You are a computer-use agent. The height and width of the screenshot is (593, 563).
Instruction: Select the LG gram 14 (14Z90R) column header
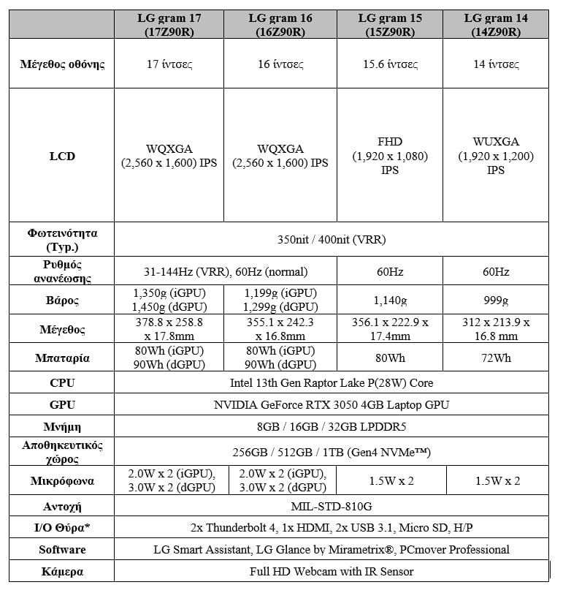point(497,25)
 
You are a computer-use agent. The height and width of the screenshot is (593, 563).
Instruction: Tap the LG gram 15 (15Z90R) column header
point(390,25)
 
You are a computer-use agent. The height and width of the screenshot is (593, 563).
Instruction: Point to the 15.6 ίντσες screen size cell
point(390,64)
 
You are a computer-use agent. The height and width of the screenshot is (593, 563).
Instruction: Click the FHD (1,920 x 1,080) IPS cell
point(390,156)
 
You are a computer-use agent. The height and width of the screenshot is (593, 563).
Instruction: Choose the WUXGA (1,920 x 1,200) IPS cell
point(497,156)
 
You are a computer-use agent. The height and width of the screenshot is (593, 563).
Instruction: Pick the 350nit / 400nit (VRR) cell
point(332,239)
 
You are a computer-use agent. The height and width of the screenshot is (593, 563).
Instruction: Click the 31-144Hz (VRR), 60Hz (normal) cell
point(225,272)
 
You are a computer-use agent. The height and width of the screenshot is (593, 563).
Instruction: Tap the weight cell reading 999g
point(497,300)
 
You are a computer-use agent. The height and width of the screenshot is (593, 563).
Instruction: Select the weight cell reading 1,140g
point(390,300)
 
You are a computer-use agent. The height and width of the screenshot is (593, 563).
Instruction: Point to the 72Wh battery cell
point(497,358)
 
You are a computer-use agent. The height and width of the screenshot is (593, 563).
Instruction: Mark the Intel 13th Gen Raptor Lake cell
point(332,383)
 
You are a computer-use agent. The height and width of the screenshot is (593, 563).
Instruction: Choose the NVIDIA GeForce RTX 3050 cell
point(332,404)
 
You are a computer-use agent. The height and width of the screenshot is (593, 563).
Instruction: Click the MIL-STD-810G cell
point(332,506)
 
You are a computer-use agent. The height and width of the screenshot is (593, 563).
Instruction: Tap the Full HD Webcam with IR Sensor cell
point(332,571)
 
